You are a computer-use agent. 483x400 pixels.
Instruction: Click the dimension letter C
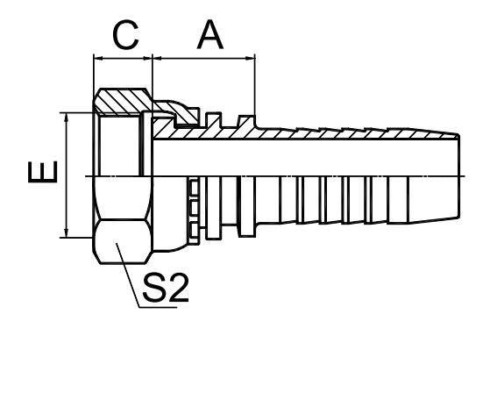pos(125,35)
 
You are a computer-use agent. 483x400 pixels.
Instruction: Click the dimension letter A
pos(210,34)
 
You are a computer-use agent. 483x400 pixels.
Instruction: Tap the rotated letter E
pos(42,172)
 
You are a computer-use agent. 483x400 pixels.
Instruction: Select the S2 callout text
pos(166,287)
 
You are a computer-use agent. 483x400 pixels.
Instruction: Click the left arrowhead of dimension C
pos(98,58)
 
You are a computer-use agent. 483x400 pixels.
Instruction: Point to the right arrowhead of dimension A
pos(251,58)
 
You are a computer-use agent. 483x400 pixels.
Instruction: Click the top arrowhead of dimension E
pos(67,118)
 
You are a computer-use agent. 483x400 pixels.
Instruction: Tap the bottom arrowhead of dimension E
pos(67,233)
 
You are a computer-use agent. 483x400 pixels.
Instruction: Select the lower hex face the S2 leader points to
pos(123,241)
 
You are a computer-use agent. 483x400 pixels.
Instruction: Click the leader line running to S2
pos(128,275)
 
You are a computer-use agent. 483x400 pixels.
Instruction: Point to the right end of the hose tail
pos(459,176)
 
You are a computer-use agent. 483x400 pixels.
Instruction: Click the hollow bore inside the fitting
pos(305,158)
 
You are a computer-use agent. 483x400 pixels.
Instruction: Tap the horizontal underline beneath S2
pos(159,307)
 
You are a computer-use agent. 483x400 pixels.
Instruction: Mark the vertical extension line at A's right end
pos(255,85)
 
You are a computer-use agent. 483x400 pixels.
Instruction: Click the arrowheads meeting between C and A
pos(153,58)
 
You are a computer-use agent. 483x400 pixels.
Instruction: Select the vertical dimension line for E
pos(67,175)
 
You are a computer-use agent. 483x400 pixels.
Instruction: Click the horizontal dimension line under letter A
pos(203,58)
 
